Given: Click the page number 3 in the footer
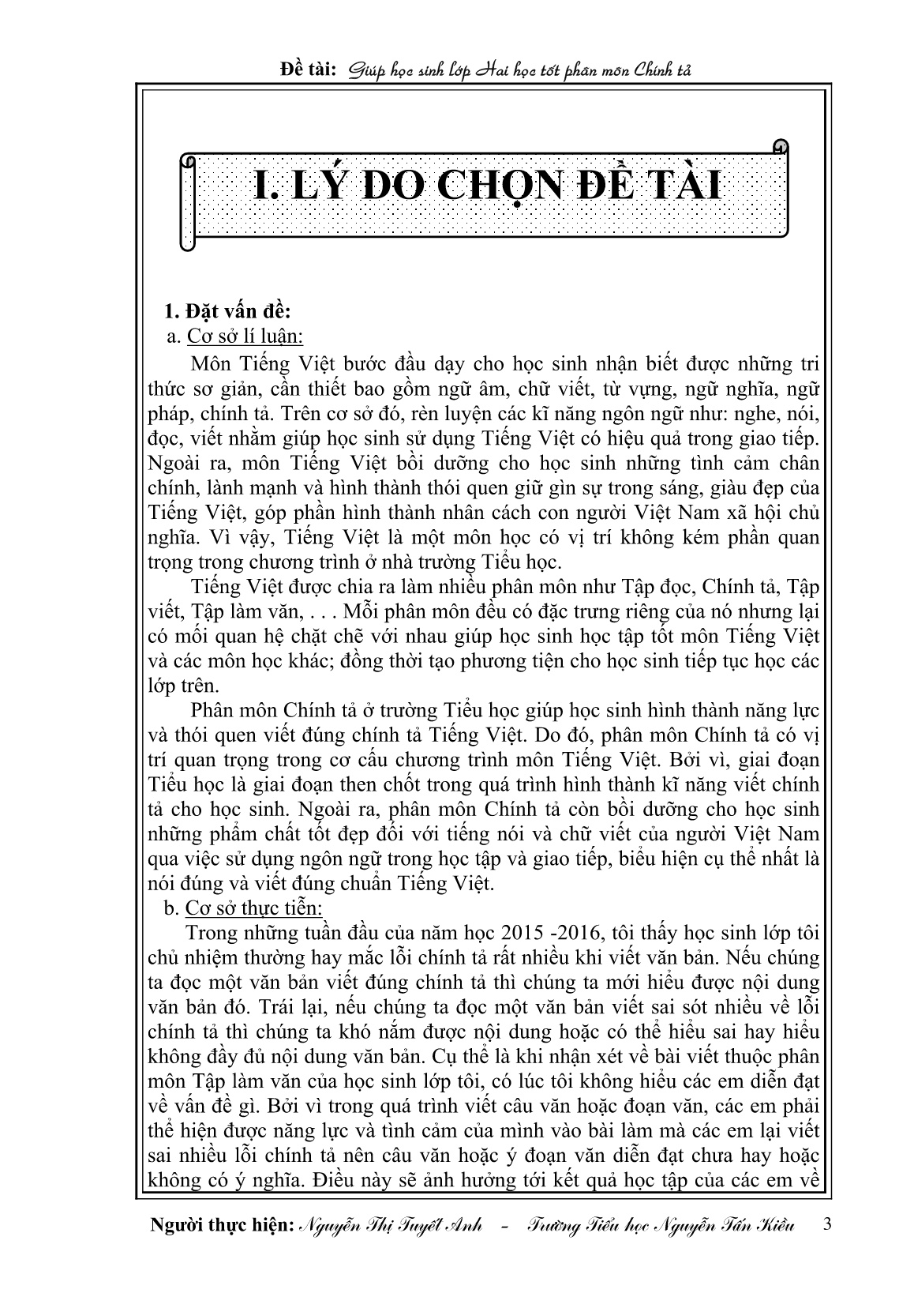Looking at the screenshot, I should (826, 1223).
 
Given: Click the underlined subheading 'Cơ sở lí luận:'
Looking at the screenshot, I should (245, 336).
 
